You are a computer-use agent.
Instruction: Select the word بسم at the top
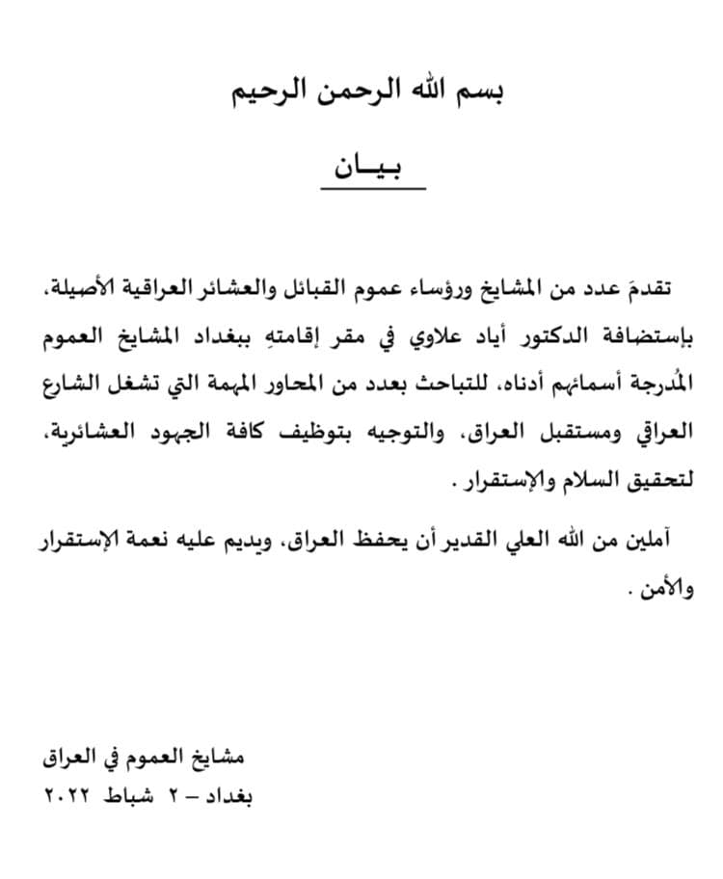(479, 93)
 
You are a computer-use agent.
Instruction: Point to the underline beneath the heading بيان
(372, 188)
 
